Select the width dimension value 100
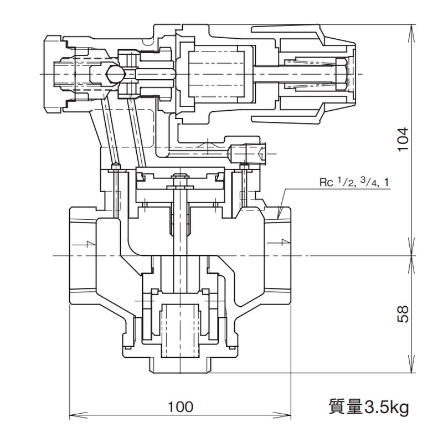180,407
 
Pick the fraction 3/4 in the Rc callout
365,182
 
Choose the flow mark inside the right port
284,242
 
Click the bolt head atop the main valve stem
180,178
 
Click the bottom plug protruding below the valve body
179,365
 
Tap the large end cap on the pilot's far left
53,73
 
